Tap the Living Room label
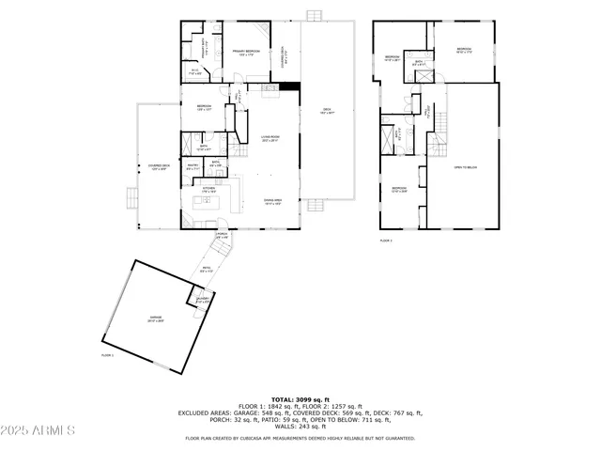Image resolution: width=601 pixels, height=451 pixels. point(270,139)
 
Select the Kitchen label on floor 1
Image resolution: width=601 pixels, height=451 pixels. point(209,190)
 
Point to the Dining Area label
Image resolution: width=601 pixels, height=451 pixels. point(274,201)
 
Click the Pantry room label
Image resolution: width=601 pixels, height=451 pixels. point(193,166)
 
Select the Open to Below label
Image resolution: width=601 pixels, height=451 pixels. point(466,167)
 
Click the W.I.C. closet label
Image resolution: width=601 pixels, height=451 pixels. point(194,70)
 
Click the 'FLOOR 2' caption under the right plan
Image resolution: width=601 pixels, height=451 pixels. point(386,241)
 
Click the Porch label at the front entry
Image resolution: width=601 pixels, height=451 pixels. point(223,236)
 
